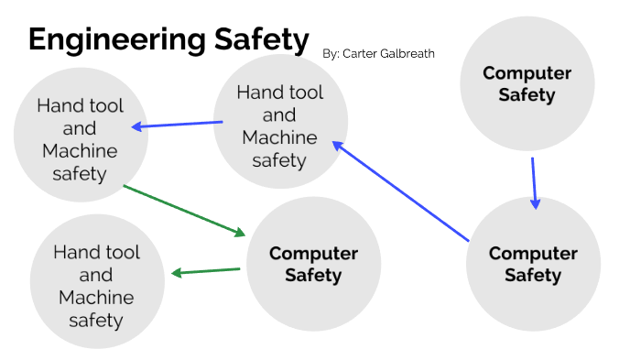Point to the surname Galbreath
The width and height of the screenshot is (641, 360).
coord(408,54)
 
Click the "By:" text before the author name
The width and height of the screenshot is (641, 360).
coord(331,54)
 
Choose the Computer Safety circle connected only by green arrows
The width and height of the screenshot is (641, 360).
coord(313,264)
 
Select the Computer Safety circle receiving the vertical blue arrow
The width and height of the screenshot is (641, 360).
coord(533,264)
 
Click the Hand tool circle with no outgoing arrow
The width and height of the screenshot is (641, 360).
coord(96,285)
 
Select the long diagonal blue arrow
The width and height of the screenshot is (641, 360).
coord(401,191)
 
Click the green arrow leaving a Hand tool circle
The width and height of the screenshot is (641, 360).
coord(184,210)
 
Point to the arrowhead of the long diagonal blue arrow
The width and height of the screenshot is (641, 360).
coord(337,145)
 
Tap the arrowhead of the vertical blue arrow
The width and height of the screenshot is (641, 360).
coord(536,203)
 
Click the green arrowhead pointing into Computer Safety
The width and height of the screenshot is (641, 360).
coord(241,232)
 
